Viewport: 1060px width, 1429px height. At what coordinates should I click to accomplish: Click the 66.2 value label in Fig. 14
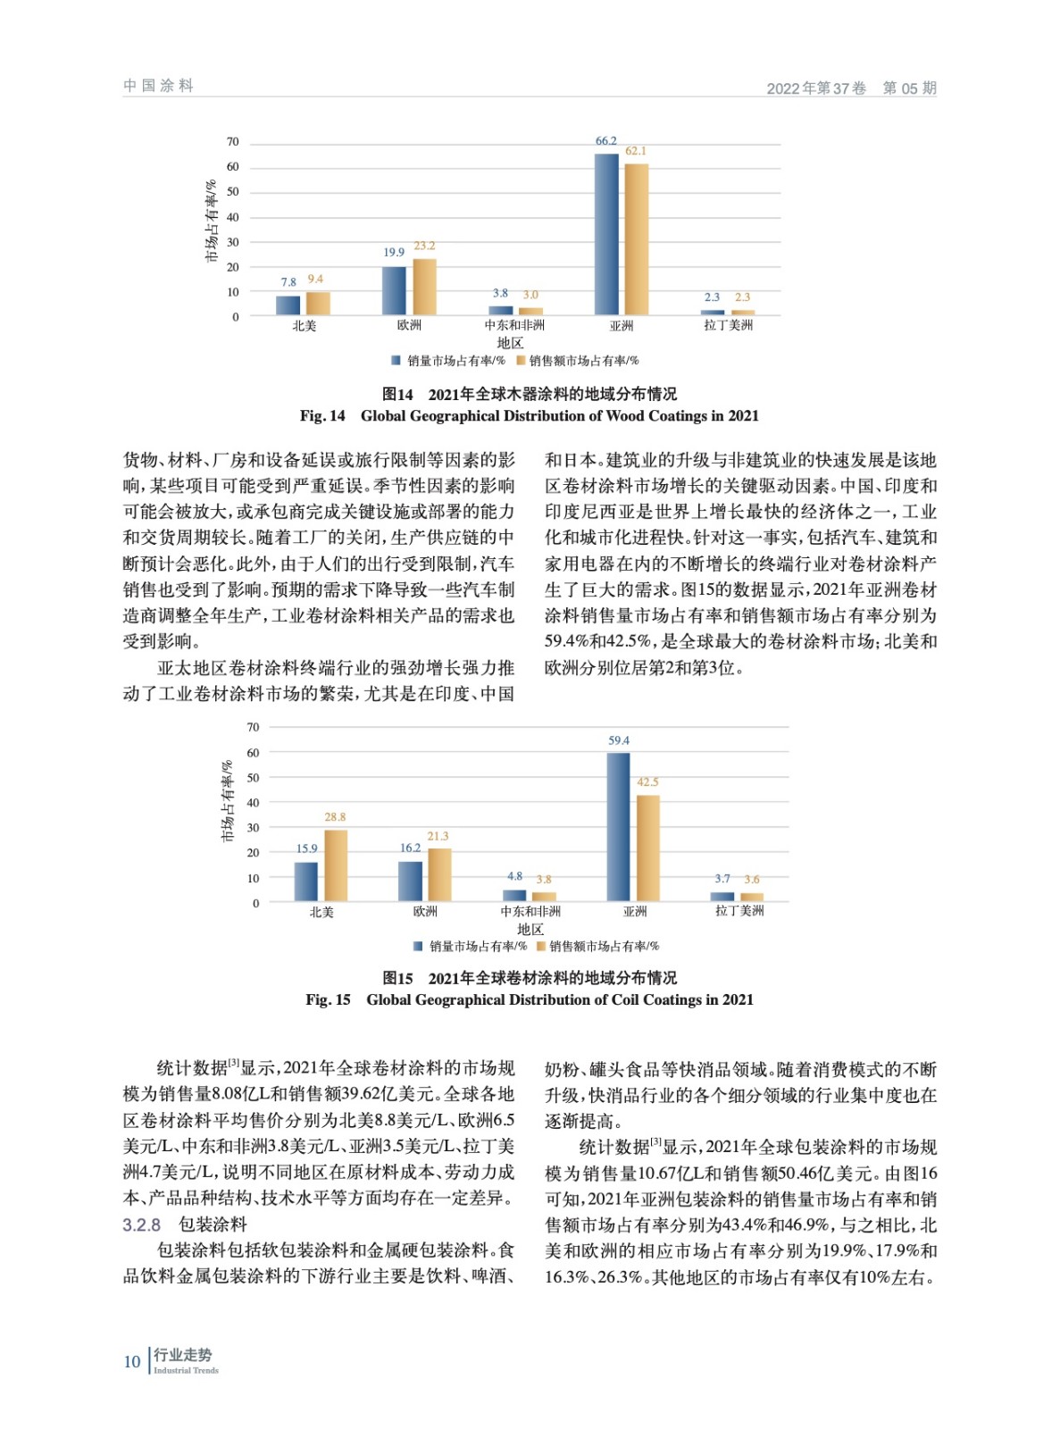click(x=605, y=141)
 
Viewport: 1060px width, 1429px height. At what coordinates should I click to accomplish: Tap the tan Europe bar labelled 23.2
click(x=424, y=287)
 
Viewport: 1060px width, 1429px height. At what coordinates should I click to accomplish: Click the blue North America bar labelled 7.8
click(x=288, y=305)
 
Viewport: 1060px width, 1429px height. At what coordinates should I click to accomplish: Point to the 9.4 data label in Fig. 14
click(x=315, y=280)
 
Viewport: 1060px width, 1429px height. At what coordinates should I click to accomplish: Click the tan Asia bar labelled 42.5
click(x=647, y=848)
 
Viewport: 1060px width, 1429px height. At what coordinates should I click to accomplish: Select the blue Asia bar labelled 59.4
click(x=618, y=826)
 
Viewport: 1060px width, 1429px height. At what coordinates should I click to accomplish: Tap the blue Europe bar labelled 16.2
click(x=410, y=881)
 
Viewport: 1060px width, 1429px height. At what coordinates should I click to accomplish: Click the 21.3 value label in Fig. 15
click(x=438, y=836)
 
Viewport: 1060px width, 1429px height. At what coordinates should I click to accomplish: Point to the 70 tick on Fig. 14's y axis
click(x=233, y=142)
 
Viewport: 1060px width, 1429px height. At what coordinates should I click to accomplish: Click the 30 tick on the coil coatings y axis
click(x=254, y=828)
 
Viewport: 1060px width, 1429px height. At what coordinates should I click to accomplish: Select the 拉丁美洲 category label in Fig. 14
click(x=728, y=325)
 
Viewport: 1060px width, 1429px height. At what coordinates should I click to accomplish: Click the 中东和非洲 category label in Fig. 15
click(x=530, y=911)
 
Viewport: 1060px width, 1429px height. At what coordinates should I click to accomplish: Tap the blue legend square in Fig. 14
click(x=396, y=361)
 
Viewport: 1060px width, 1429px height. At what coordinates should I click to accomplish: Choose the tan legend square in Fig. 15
click(x=540, y=946)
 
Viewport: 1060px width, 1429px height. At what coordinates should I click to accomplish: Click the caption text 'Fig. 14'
click(x=322, y=415)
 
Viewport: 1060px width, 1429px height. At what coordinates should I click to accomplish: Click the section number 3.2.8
click(x=141, y=1224)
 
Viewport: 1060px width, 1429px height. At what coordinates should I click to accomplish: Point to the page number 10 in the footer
click(x=132, y=1362)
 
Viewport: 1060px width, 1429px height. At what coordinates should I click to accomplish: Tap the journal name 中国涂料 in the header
click(x=158, y=86)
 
